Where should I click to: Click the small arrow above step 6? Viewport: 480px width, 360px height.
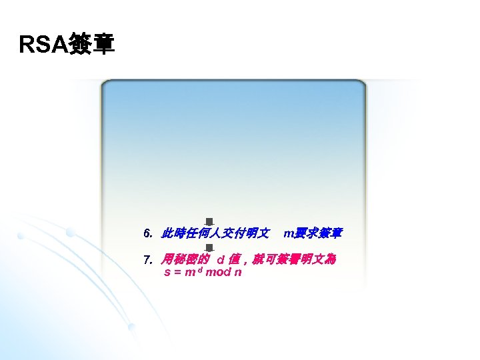[209, 221]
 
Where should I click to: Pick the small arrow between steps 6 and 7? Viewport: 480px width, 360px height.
[209, 247]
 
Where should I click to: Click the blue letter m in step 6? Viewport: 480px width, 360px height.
[287, 234]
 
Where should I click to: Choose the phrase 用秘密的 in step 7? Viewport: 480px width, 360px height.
[186, 259]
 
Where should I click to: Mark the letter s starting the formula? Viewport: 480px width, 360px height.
[167, 273]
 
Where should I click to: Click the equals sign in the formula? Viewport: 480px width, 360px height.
[177, 273]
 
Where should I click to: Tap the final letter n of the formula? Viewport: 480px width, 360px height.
[238, 273]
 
